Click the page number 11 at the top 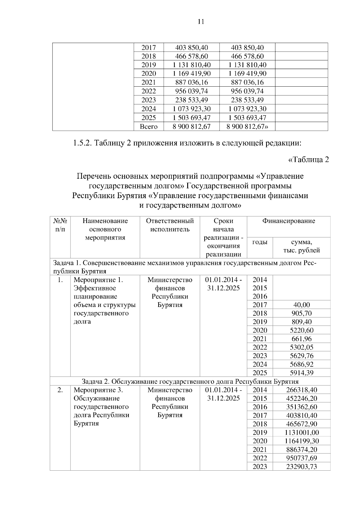(x=201, y=22)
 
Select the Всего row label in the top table (x=148, y=127)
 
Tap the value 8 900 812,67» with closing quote (x=247, y=127)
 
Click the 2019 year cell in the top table (x=148, y=65)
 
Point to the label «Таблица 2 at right (x=308, y=159)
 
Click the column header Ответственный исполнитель (x=170, y=225)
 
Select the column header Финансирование (x=289, y=221)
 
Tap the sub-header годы (x=259, y=242)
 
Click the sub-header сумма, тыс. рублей (x=301, y=246)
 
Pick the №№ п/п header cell (x=60, y=225)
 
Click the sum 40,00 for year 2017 (x=301, y=305)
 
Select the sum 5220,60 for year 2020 (x=301, y=330)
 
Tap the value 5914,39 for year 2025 (x=301, y=373)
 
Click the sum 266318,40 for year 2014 (x=301, y=390)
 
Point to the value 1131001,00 (x=301, y=433)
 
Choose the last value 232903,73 (x=301, y=466)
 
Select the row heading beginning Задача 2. (x=190, y=381)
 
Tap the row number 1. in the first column (x=60, y=280)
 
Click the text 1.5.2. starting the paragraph (x=82, y=143)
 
